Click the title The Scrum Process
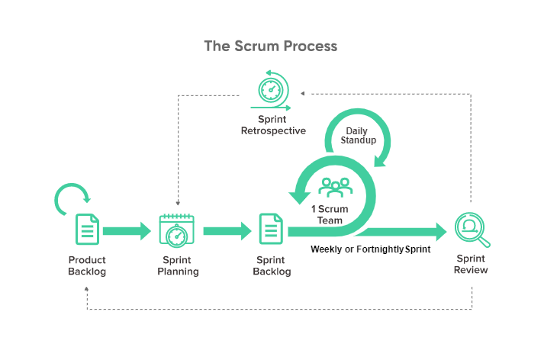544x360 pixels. point(271,46)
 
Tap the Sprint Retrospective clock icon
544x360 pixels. point(272,91)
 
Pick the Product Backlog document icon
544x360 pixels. point(86,230)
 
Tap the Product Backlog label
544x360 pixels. point(87,265)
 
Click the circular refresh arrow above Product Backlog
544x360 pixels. point(72,199)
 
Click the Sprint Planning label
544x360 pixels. point(177,265)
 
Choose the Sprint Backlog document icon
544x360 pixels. point(271,230)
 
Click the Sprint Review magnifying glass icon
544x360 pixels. point(471,229)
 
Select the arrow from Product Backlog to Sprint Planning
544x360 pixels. point(127,230)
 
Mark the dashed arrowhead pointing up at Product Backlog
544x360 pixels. point(86,289)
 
